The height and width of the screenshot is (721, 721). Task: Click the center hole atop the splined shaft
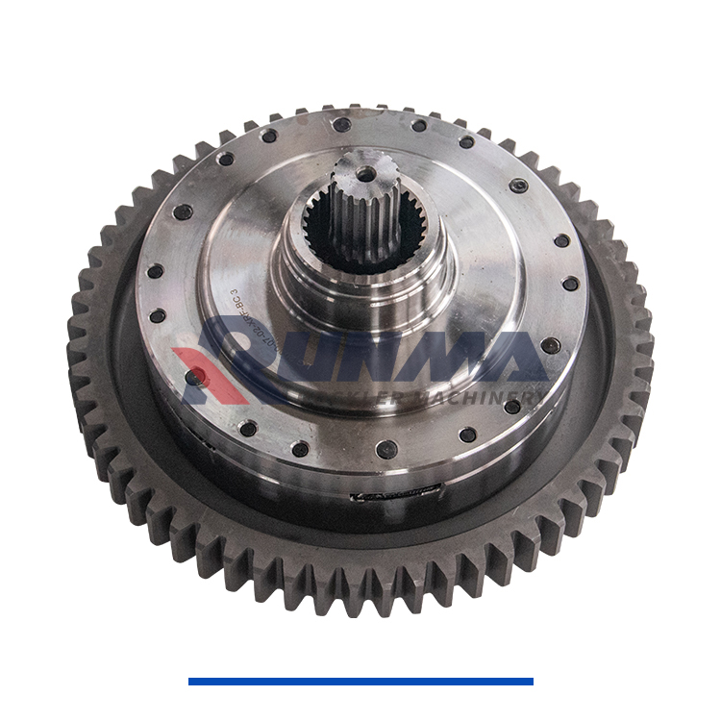[x=365, y=174]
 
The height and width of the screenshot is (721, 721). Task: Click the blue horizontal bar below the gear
[x=360, y=682]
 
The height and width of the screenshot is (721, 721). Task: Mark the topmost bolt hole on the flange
[x=341, y=124]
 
